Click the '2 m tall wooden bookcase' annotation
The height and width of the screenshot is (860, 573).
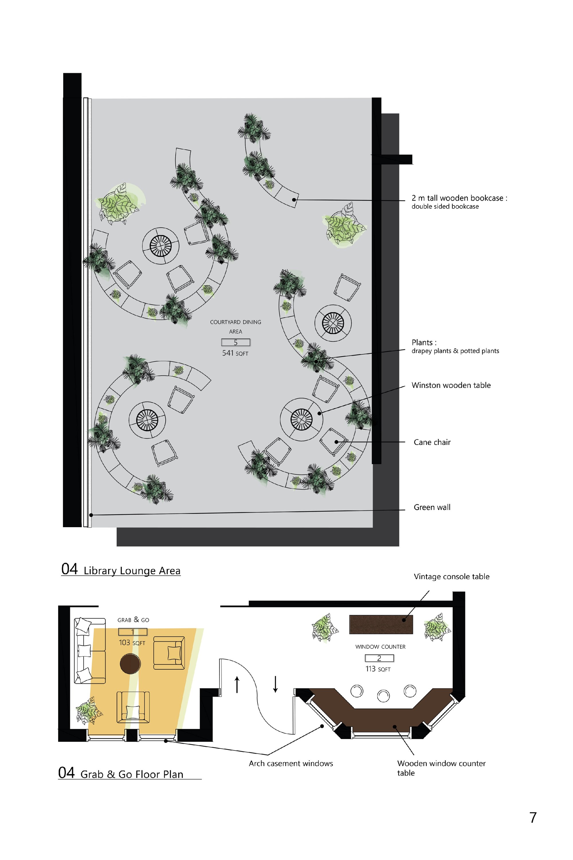(459, 198)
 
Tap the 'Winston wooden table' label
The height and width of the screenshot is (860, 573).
(451, 385)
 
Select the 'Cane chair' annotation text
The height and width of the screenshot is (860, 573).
(432, 442)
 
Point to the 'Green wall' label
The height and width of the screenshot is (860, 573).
(432, 507)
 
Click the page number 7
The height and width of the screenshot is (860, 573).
(533, 818)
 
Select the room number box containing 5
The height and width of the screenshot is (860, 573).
(236, 342)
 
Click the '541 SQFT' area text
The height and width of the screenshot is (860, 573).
(235, 353)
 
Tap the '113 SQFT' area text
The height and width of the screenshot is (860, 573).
(378, 669)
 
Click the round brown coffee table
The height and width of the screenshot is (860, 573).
(130, 664)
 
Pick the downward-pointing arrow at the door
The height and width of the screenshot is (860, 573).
(276, 684)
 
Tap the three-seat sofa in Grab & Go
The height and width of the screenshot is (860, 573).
(90, 651)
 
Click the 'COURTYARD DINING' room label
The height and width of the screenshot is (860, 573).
(236, 322)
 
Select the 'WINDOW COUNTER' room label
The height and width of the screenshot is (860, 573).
(380, 647)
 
